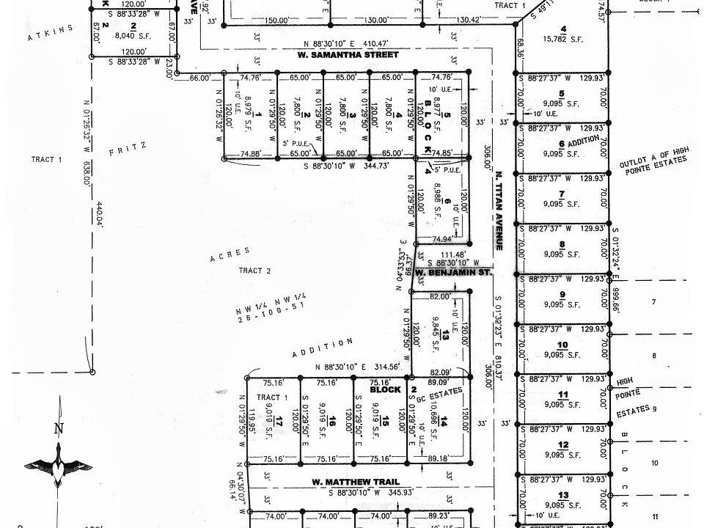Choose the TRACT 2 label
255,271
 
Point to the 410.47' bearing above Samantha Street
342,43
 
